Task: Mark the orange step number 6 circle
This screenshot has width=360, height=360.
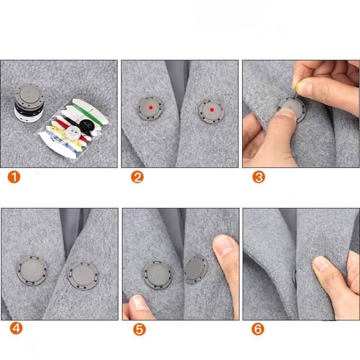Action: click(258, 329)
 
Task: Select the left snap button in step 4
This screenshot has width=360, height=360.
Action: click(32, 269)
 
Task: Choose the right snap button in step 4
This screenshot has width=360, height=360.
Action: click(82, 275)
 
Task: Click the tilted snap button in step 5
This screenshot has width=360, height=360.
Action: click(195, 269)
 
